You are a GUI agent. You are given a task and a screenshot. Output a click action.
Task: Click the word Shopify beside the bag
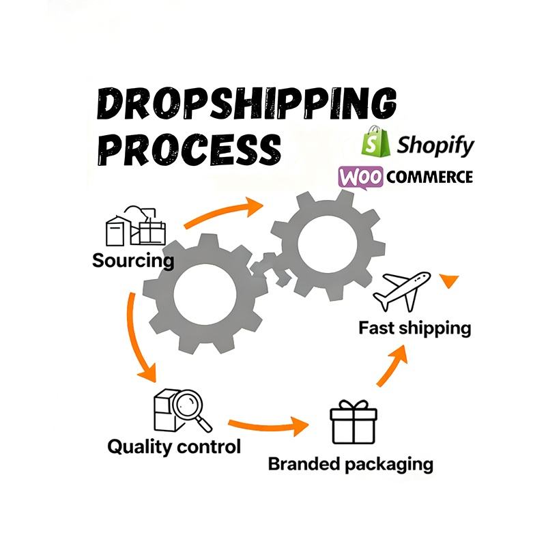(435, 145)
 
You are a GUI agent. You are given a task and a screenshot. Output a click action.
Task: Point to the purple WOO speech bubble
(360, 177)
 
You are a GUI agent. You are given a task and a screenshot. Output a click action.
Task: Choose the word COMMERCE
(429, 177)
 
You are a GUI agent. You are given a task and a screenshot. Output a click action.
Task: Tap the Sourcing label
(133, 260)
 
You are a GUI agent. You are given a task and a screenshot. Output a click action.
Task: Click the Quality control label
(174, 447)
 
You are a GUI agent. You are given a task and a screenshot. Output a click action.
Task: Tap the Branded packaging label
(350, 465)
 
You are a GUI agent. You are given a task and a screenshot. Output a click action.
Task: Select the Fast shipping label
(415, 328)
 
